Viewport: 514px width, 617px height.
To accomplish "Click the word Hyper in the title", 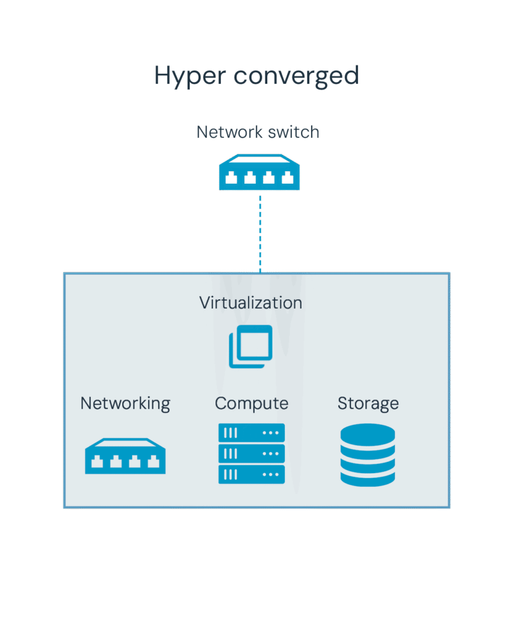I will point(190,77).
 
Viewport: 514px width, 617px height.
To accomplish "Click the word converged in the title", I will point(296,77).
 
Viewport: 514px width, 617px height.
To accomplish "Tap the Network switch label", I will point(258,132).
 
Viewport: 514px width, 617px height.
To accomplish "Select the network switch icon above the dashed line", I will point(259,173).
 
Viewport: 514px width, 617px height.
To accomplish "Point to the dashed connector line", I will point(260,232).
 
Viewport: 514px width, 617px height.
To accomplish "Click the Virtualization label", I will point(250,302).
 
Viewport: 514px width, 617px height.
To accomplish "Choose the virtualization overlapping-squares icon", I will point(250,346).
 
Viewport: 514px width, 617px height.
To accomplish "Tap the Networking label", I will point(125,403).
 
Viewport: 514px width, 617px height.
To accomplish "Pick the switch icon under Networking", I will point(125,456).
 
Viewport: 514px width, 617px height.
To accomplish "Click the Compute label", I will point(252,403).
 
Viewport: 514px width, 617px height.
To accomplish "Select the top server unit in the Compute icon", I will point(252,433).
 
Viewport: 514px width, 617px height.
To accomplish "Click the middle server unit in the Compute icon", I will point(252,454).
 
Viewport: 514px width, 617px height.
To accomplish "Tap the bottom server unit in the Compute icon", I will point(252,474).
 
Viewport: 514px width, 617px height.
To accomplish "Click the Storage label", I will point(368,403).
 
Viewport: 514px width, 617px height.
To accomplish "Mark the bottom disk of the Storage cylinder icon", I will point(367,477).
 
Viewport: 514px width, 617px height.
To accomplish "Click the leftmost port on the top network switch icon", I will point(231,178).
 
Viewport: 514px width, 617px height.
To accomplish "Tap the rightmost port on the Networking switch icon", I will point(154,462).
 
